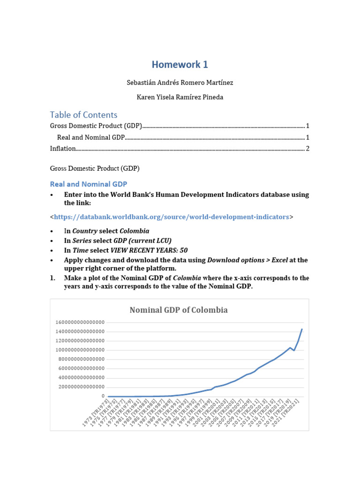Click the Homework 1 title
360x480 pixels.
tap(180, 65)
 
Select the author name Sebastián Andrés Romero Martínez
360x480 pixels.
tap(180, 82)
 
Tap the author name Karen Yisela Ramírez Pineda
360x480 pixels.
tap(180, 97)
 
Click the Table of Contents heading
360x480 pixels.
tap(83, 115)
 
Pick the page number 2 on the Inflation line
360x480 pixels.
tap(307, 149)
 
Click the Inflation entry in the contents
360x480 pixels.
tap(63, 149)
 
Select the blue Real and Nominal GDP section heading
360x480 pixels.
tap(89, 184)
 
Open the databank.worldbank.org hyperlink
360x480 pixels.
tap(172, 217)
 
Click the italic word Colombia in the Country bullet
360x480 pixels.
tap(135, 231)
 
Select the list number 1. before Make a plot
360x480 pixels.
tap(53, 278)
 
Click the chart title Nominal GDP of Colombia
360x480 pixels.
tap(179, 310)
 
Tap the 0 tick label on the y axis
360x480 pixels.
tap(102, 396)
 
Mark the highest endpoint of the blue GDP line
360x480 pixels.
tap(302, 330)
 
